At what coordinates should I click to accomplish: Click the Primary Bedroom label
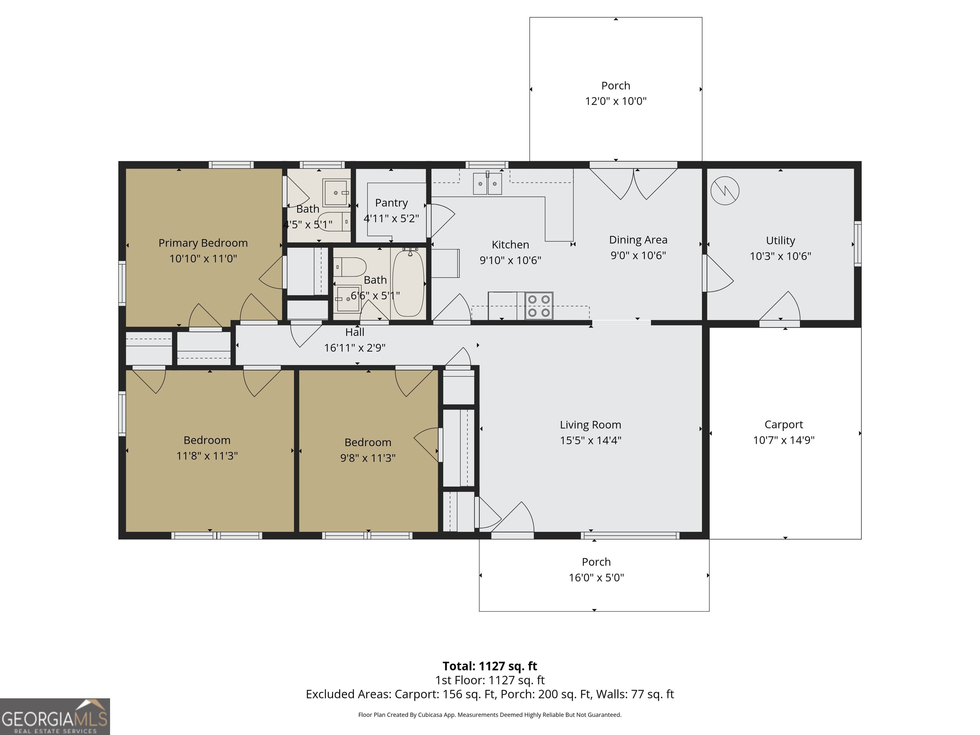[x=203, y=243]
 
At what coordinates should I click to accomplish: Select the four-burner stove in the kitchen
[x=539, y=306]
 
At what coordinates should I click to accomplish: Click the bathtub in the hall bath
[x=408, y=284]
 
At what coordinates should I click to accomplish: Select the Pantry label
[x=391, y=203]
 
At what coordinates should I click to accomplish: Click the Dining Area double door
[x=633, y=182]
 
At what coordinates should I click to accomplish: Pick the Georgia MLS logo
[x=55, y=716]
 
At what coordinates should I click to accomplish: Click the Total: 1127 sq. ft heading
[x=490, y=666]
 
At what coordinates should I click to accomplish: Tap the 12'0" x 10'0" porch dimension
[x=615, y=101]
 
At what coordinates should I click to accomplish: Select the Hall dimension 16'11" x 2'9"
[x=354, y=348]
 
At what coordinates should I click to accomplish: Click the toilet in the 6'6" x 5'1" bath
[x=351, y=267]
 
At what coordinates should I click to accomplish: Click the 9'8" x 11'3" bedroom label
[x=368, y=442]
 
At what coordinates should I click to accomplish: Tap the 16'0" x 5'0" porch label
[x=596, y=562]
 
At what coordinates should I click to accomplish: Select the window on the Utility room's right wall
[x=857, y=244]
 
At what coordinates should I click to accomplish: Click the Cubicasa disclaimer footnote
[x=490, y=715]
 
